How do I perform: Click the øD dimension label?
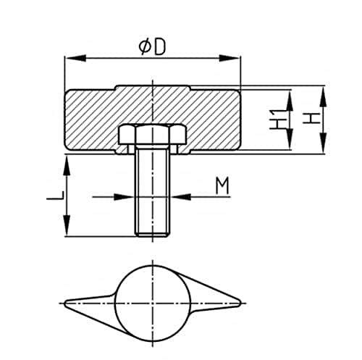(153, 47)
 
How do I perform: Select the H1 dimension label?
(276, 120)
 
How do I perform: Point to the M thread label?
(222, 185)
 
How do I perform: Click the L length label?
(55, 196)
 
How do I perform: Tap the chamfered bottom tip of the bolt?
(152, 234)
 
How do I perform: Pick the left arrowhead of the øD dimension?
(75, 58)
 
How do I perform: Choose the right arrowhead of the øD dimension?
(230, 58)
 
